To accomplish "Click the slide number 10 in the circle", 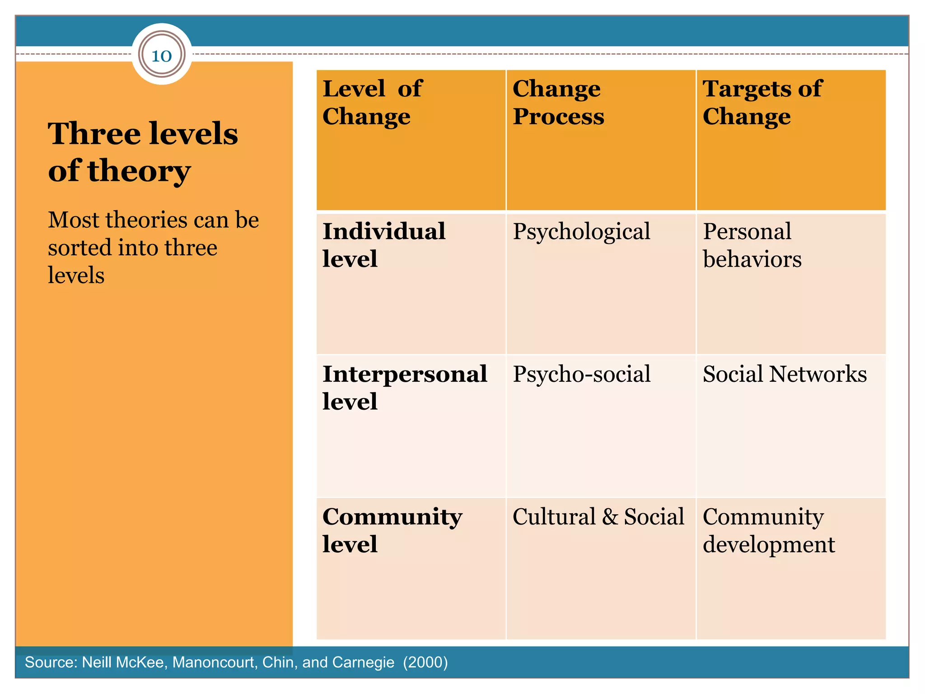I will click(x=162, y=56).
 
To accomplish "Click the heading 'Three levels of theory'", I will click(x=143, y=152).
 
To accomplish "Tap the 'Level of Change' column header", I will click(x=372, y=102).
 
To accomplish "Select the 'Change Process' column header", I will click(x=558, y=102).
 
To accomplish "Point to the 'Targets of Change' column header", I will click(x=762, y=102).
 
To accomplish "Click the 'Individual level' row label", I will click(x=384, y=245).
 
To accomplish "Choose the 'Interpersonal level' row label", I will click(x=405, y=388).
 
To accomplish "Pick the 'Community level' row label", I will click(x=392, y=530).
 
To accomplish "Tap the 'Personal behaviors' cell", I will click(x=752, y=245).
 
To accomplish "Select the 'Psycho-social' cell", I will click(x=581, y=375).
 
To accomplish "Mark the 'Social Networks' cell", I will click(x=785, y=375).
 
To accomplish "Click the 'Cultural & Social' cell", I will click(x=598, y=517).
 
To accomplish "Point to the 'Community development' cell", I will click(x=769, y=530).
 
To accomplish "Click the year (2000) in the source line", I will click(x=425, y=662).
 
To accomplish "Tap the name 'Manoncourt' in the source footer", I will click(x=211, y=662).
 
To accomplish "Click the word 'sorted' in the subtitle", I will click(x=79, y=248).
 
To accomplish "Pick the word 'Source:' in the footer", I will click(x=51, y=662).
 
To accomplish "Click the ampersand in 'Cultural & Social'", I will click(x=610, y=517).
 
